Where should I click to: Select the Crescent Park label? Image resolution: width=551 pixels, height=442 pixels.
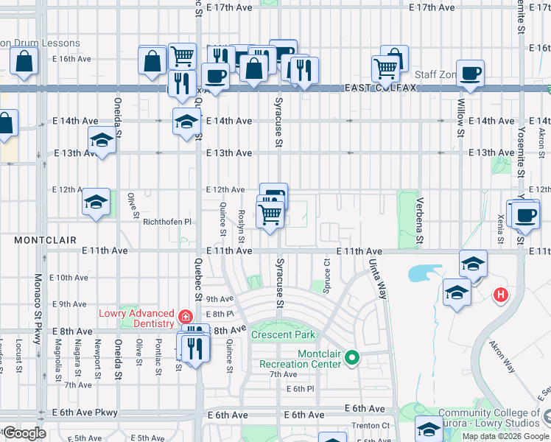click(283, 335)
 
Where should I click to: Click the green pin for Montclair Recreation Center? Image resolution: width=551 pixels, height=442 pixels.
click(352, 358)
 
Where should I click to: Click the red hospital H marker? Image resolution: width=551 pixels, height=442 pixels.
click(501, 295)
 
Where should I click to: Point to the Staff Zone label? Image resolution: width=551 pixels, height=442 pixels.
click(436, 75)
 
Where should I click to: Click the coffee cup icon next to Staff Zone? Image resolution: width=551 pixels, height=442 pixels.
click(470, 74)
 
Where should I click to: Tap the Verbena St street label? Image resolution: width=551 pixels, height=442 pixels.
click(419, 220)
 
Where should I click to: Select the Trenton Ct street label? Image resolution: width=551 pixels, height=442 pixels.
click(371, 426)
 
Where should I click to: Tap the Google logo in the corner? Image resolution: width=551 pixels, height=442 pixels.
click(24, 433)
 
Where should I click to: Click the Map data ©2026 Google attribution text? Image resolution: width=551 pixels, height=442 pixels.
click(505, 436)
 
